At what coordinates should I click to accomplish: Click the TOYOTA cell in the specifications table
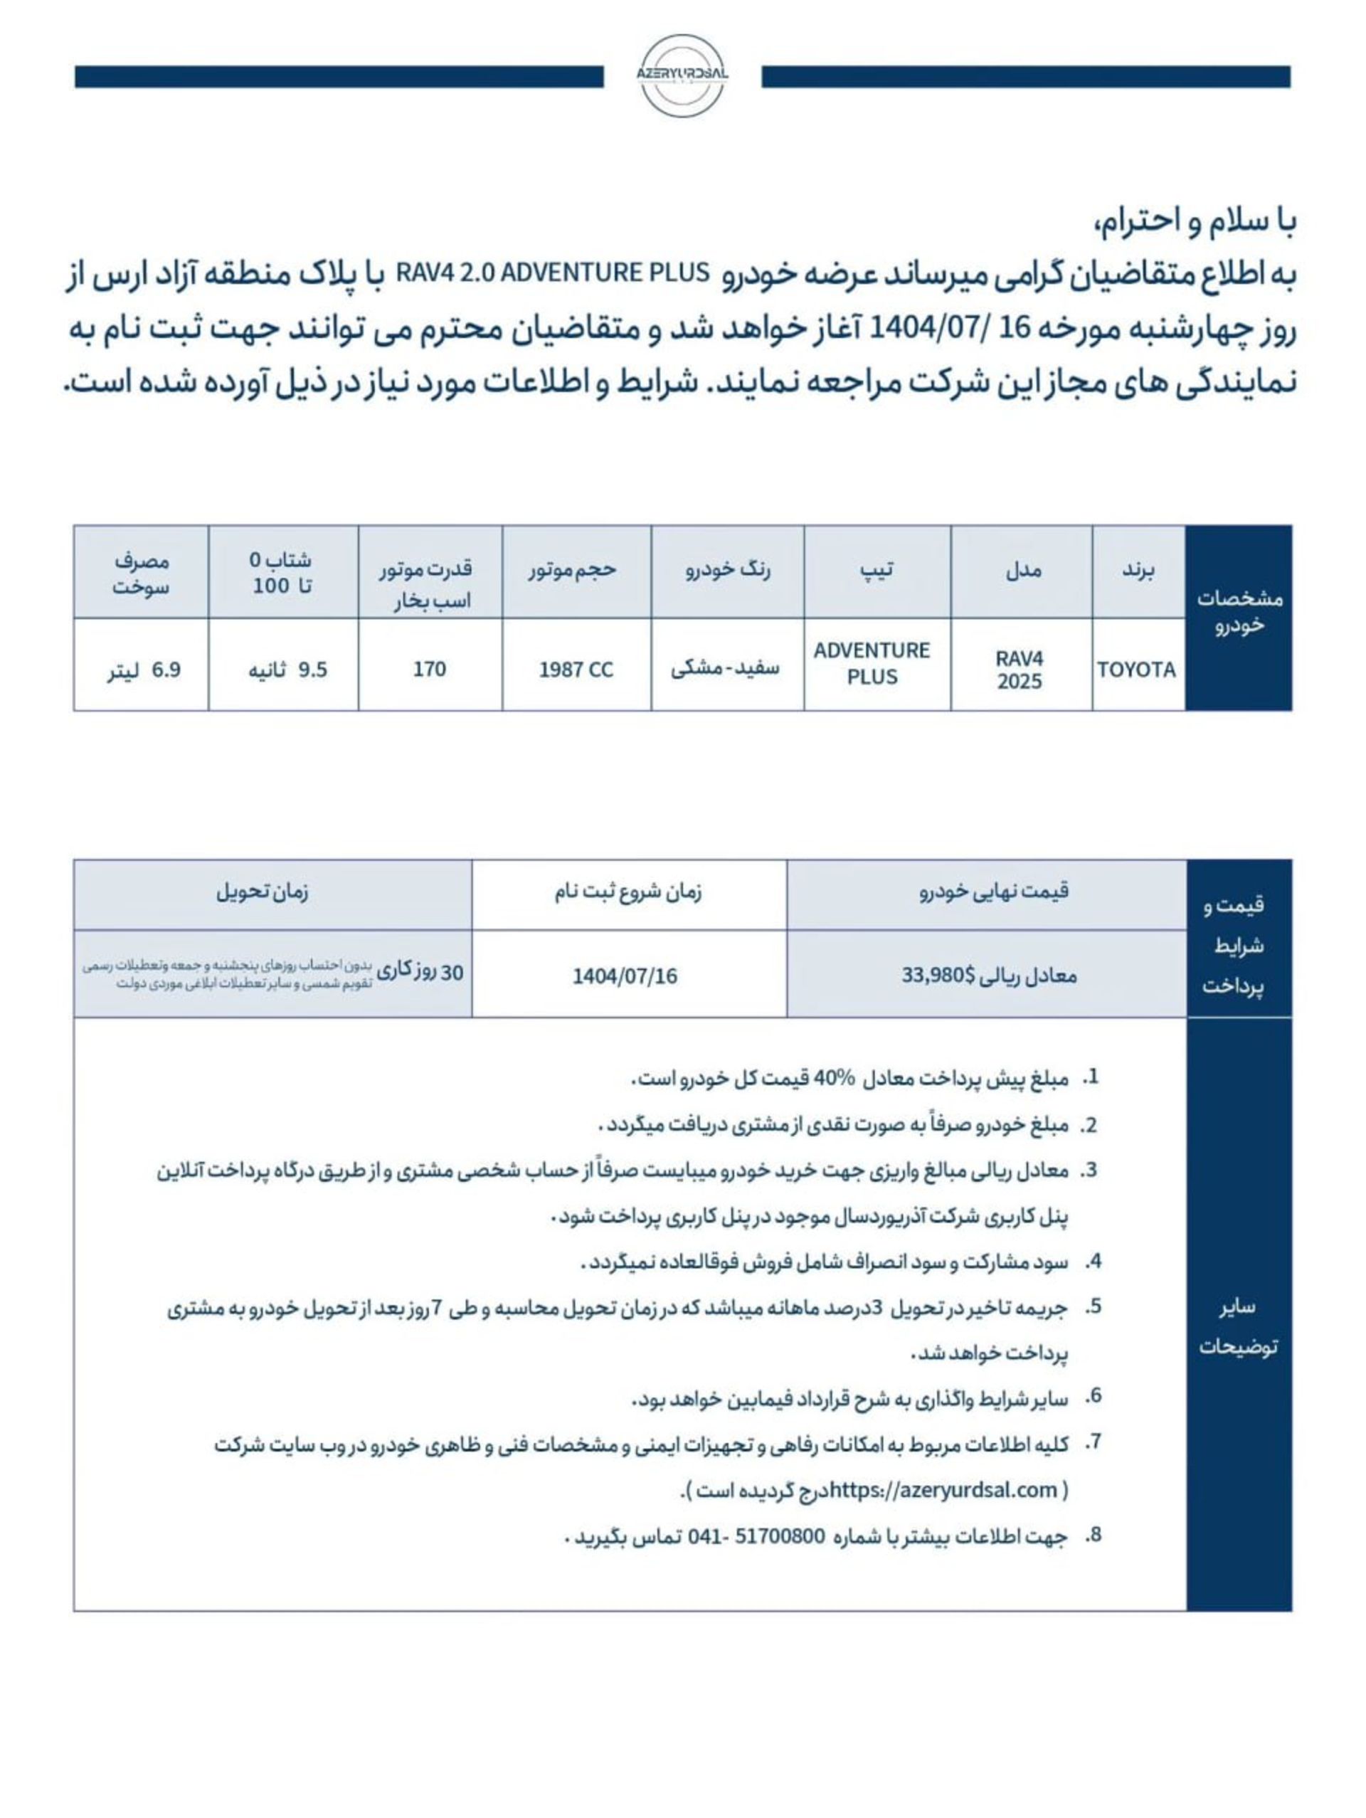[x=1136, y=670]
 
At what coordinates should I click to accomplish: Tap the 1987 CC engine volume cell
[x=576, y=670]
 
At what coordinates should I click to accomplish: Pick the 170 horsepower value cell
[x=429, y=669]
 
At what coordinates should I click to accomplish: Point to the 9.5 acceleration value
[x=312, y=670]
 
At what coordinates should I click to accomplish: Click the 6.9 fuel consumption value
[x=166, y=670]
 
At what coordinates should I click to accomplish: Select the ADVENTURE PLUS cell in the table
[x=872, y=663]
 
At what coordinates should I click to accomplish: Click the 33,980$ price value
[x=938, y=976]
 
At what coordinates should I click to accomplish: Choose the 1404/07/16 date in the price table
[x=625, y=976]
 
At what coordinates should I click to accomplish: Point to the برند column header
[x=1138, y=571]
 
